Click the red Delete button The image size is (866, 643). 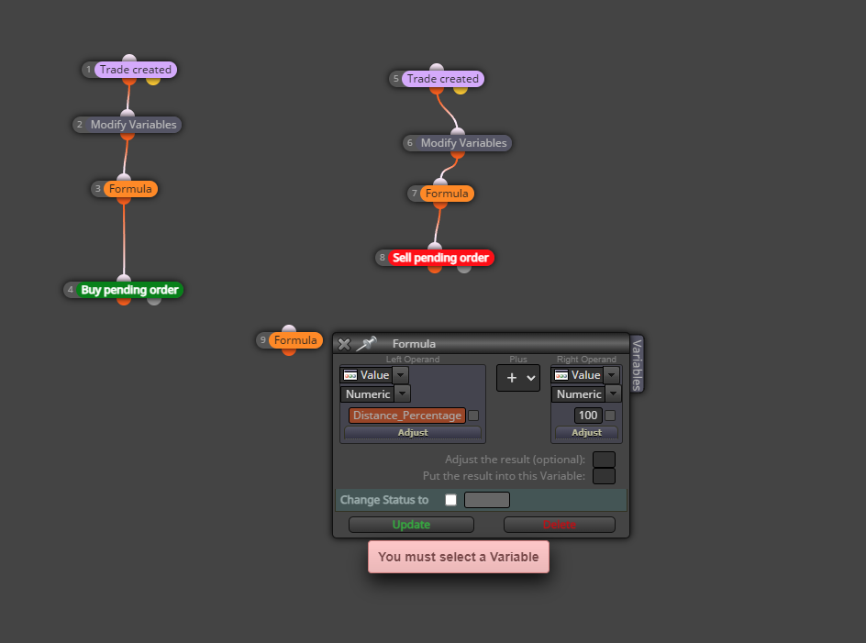[560, 525]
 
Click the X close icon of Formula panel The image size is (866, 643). [344, 344]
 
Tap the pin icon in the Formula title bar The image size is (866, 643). [366, 344]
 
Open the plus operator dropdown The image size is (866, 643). [518, 378]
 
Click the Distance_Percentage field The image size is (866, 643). [407, 416]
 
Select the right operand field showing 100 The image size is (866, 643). [588, 416]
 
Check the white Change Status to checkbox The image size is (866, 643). [451, 500]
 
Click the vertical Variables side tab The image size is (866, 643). [637, 364]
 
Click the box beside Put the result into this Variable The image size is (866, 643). [604, 476]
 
